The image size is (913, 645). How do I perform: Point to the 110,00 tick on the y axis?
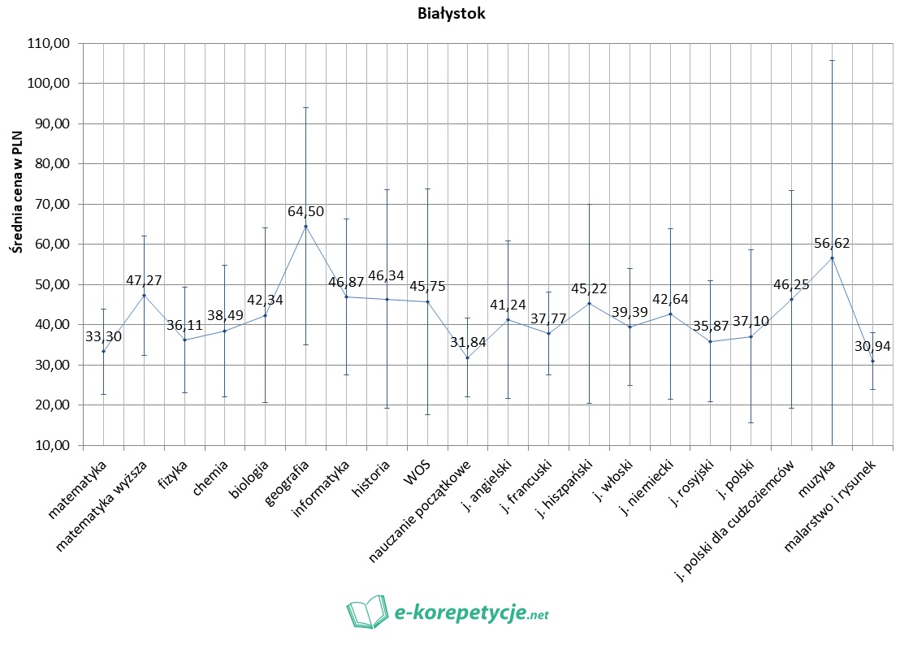point(50,43)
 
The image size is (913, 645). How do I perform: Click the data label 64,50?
point(305,211)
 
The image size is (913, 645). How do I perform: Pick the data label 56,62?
point(832,242)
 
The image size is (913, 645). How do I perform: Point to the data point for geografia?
point(305,226)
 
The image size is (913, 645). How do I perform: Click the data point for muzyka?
point(832,258)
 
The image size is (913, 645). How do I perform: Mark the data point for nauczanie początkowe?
point(467,357)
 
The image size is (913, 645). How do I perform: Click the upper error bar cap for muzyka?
point(832,60)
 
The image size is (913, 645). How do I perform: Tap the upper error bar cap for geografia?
point(305,107)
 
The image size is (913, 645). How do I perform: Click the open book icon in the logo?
point(367,612)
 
